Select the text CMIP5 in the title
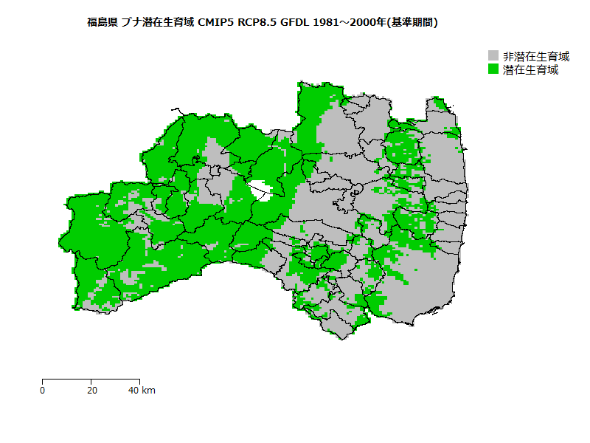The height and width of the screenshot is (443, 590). [216, 22]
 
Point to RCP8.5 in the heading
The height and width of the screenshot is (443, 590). [257, 22]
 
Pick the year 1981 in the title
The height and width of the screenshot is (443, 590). [326, 22]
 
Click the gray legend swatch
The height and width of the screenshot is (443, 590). [493, 56]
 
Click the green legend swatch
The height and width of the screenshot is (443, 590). [493, 69]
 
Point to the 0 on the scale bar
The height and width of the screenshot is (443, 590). [43, 390]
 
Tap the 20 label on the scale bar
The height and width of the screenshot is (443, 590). [91, 390]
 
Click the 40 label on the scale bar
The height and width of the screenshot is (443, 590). [133, 390]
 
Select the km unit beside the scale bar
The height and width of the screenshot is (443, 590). [148, 390]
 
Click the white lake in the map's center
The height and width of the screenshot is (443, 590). [260, 191]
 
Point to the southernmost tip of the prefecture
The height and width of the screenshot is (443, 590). [341, 339]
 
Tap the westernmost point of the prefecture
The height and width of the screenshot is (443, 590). [59, 241]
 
